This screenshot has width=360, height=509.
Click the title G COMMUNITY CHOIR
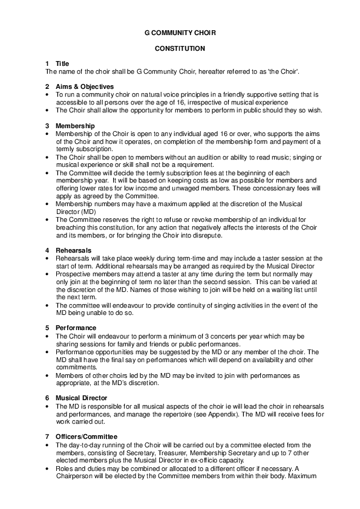click(x=180, y=33)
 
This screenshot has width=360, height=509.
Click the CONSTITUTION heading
click(x=180, y=48)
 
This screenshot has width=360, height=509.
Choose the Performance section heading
click(x=76, y=328)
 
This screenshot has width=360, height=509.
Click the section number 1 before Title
click(x=47, y=63)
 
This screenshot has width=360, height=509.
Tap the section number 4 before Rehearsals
click(x=47, y=250)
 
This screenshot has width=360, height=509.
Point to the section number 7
click(x=47, y=436)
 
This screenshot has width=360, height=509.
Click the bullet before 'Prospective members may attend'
click(x=48, y=274)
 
